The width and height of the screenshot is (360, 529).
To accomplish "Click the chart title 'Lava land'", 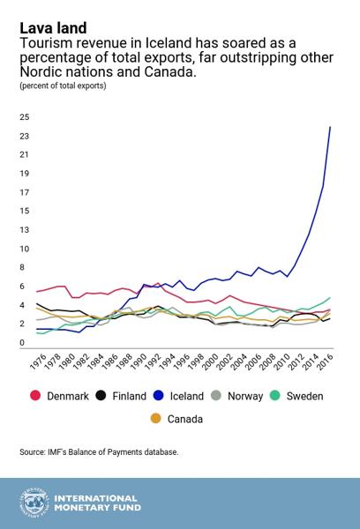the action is (53, 28).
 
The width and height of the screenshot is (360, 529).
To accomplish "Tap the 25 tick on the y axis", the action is (25, 117).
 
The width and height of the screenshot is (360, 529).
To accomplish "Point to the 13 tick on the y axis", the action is (25, 230).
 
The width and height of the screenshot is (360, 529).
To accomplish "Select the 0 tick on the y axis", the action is (22, 342).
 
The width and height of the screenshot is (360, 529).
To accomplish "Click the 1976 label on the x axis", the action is (39, 362).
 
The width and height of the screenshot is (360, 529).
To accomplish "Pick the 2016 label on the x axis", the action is (326, 362).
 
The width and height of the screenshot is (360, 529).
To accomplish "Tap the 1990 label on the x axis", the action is (139, 362).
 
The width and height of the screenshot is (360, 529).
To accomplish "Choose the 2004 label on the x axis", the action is (239, 362).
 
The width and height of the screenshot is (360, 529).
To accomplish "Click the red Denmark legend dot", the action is (35, 395).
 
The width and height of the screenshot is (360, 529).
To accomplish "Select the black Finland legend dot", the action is (101, 395).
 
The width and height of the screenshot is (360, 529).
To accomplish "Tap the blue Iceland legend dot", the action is (159, 395).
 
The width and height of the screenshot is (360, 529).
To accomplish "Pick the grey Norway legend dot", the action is (216, 395).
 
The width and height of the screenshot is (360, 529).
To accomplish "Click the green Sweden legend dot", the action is (275, 395).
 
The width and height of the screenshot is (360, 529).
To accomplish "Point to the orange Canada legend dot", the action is (155, 418).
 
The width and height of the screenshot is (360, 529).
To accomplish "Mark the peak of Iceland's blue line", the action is (330, 127).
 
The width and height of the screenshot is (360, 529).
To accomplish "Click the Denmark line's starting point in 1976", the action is (36, 292).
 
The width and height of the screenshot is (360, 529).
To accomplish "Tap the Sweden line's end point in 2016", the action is (330, 298).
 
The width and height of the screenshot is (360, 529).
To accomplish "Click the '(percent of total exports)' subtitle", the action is (63, 86).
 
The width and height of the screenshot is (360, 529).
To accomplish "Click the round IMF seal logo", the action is (34, 503).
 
